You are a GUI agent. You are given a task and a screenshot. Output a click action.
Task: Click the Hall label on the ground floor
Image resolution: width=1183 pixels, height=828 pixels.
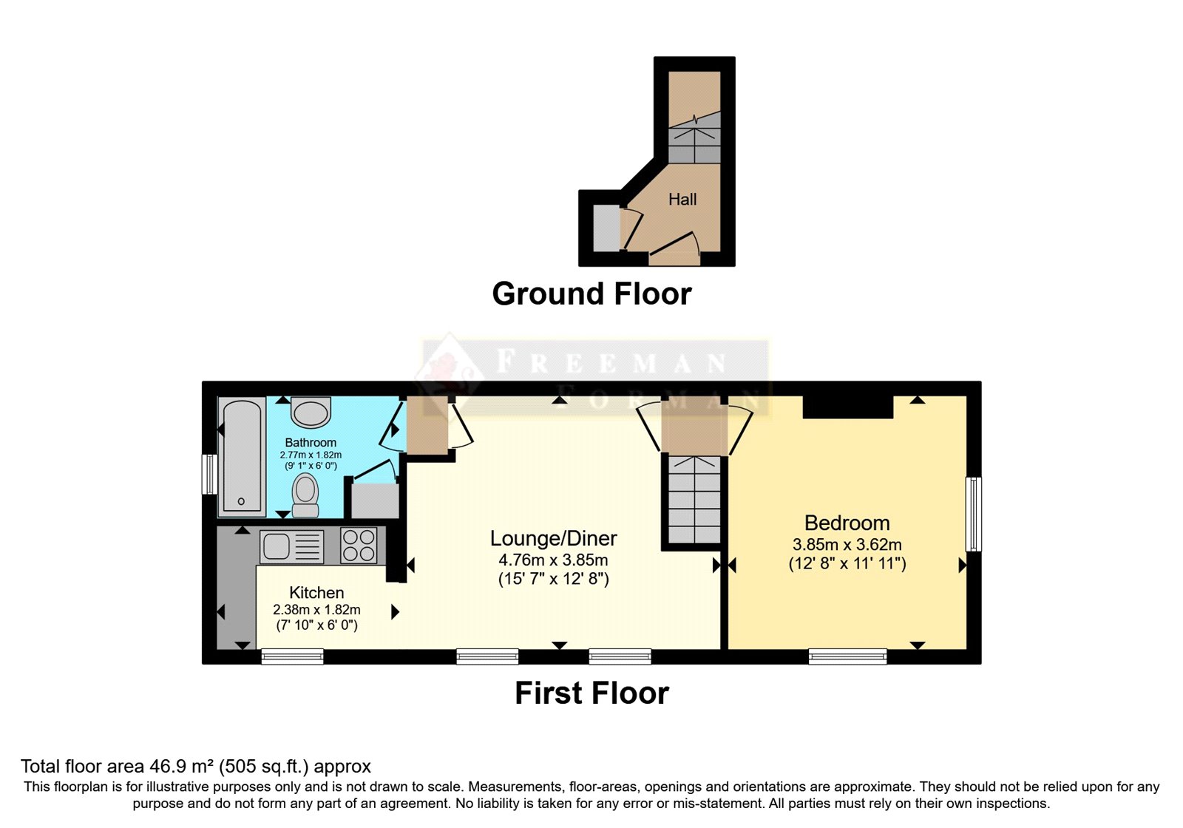click(x=682, y=199)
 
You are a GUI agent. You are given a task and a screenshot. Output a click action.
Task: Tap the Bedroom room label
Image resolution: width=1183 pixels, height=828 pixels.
click(x=847, y=523)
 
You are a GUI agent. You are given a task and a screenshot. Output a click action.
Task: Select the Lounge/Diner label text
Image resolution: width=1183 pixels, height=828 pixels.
click(x=554, y=538)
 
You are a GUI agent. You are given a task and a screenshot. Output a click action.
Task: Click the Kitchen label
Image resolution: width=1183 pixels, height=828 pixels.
click(x=316, y=592)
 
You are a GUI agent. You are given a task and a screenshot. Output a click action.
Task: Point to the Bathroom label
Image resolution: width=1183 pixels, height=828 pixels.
click(x=311, y=443)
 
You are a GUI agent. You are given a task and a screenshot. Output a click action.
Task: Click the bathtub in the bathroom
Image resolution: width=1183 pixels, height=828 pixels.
click(x=242, y=457)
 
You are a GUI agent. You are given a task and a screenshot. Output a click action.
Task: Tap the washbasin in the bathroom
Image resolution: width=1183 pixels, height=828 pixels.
click(x=311, y=413)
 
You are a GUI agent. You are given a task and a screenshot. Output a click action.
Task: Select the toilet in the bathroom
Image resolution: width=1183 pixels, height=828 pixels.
click(x=305, y=495)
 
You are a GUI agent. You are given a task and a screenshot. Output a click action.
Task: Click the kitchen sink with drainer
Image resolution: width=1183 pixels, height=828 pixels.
click(x=291, y=546)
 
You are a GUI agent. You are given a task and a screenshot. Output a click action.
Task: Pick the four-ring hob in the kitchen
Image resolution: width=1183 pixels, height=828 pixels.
click(x=359, y=545)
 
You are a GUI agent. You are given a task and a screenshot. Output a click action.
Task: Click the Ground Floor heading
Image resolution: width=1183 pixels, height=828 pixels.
click(x=591, y=293)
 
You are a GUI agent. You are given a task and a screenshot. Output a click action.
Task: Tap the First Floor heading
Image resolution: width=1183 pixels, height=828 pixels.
click(x=592, y=693)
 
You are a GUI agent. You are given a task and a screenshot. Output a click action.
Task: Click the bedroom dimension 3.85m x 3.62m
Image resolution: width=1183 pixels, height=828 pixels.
click(x=847, y=544)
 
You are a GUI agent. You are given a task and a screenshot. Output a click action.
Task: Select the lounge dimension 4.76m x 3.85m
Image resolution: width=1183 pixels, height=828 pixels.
click(x=554, y=560)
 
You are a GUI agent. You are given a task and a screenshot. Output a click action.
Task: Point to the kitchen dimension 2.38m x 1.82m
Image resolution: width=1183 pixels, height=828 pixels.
click(x=316, y=609)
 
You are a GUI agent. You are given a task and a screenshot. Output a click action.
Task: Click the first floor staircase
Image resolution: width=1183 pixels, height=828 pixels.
click(x=694, y=500)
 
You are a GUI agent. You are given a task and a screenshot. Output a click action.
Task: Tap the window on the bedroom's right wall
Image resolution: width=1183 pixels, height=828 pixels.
click(x=973, y=515)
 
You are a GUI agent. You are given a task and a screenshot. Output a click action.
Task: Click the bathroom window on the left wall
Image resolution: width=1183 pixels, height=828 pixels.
click(x=210, y=474)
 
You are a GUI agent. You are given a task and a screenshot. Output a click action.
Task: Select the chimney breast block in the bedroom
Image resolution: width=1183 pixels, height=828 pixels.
click(x=847, y=407)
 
